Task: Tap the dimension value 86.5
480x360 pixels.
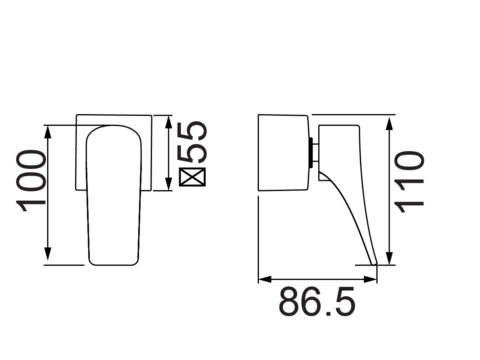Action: pos(317,302)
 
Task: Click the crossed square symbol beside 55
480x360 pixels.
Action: pos(193,177)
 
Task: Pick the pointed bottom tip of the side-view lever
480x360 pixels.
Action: pos(374,264)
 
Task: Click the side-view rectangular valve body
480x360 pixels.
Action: pos(283,152)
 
